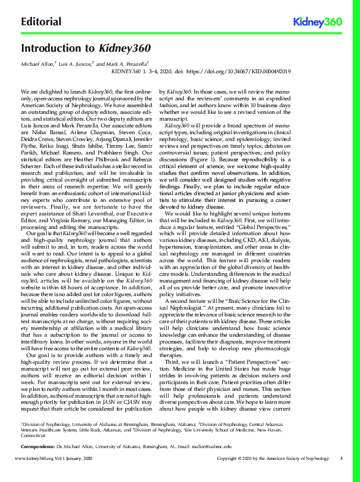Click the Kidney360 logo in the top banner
318,22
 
